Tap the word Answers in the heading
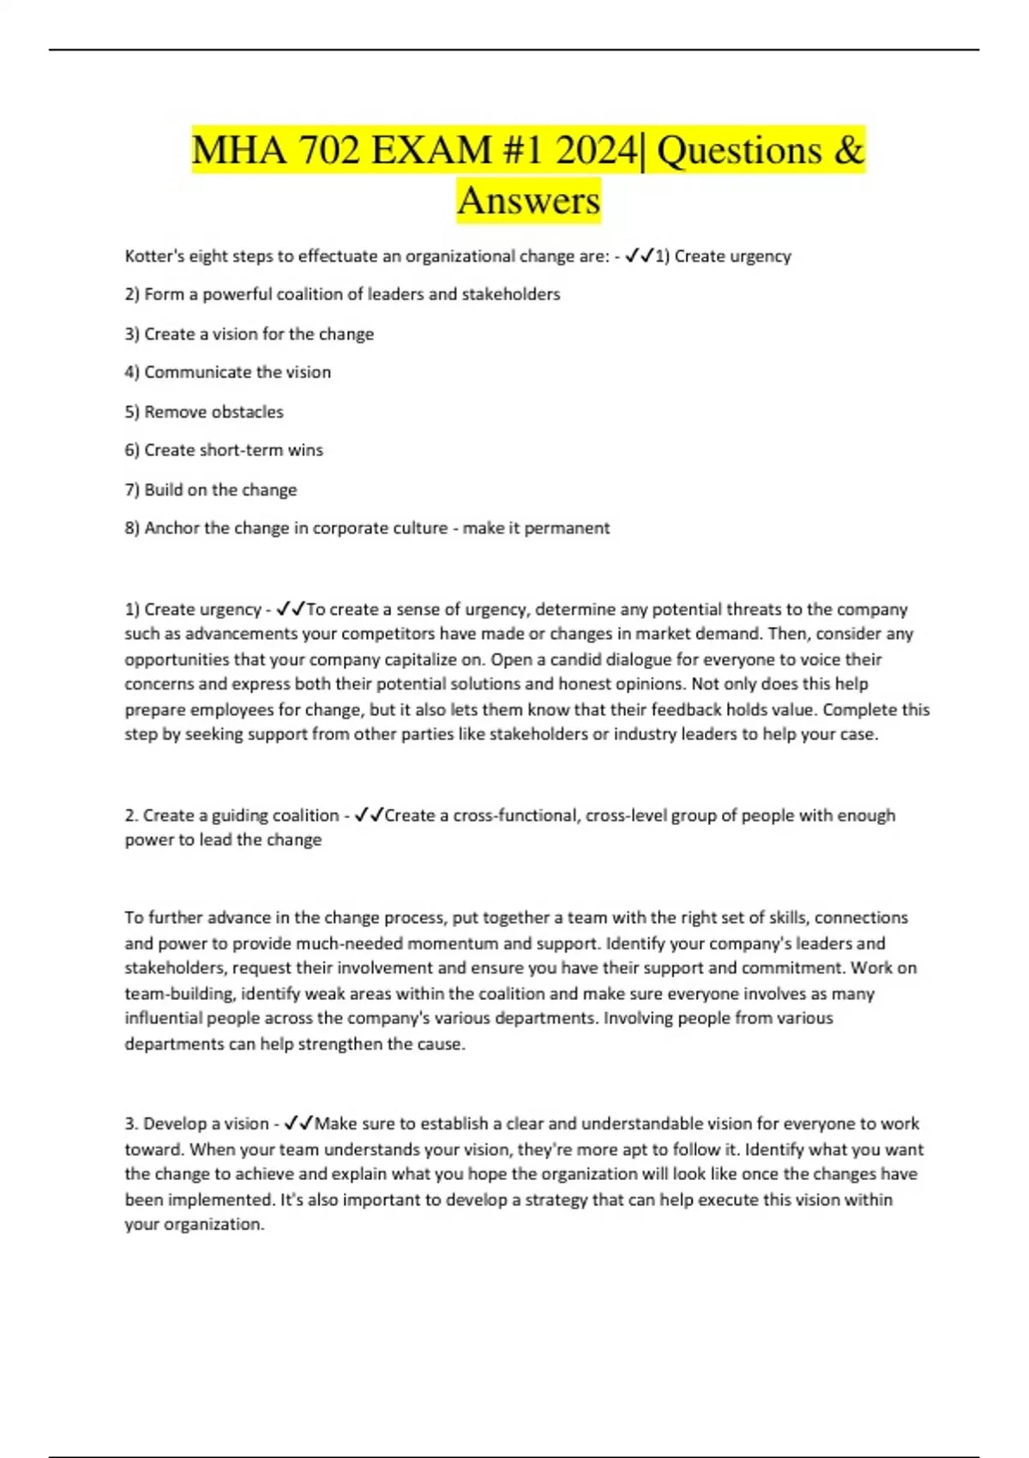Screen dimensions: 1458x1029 click(x=528, y=201)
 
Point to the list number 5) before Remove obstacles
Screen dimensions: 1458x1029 click(x=132, y=412)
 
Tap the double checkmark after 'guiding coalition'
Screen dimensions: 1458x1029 click(x=369, y=815)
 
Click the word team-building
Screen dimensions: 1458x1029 click(x=179, y=993)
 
